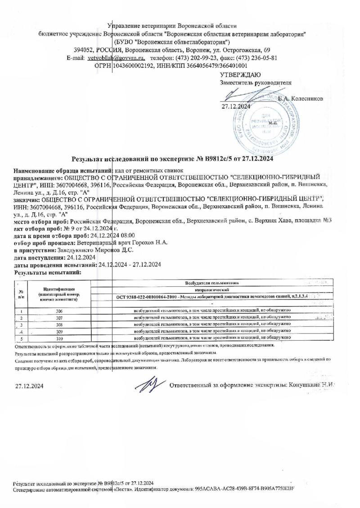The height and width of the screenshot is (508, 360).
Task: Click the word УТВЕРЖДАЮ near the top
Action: coord(240,75)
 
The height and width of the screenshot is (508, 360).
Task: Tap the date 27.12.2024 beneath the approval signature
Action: coord(236,107)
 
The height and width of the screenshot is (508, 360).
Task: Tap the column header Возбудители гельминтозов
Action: coord(211,284)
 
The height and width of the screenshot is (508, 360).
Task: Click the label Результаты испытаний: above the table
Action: coord(48,272)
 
